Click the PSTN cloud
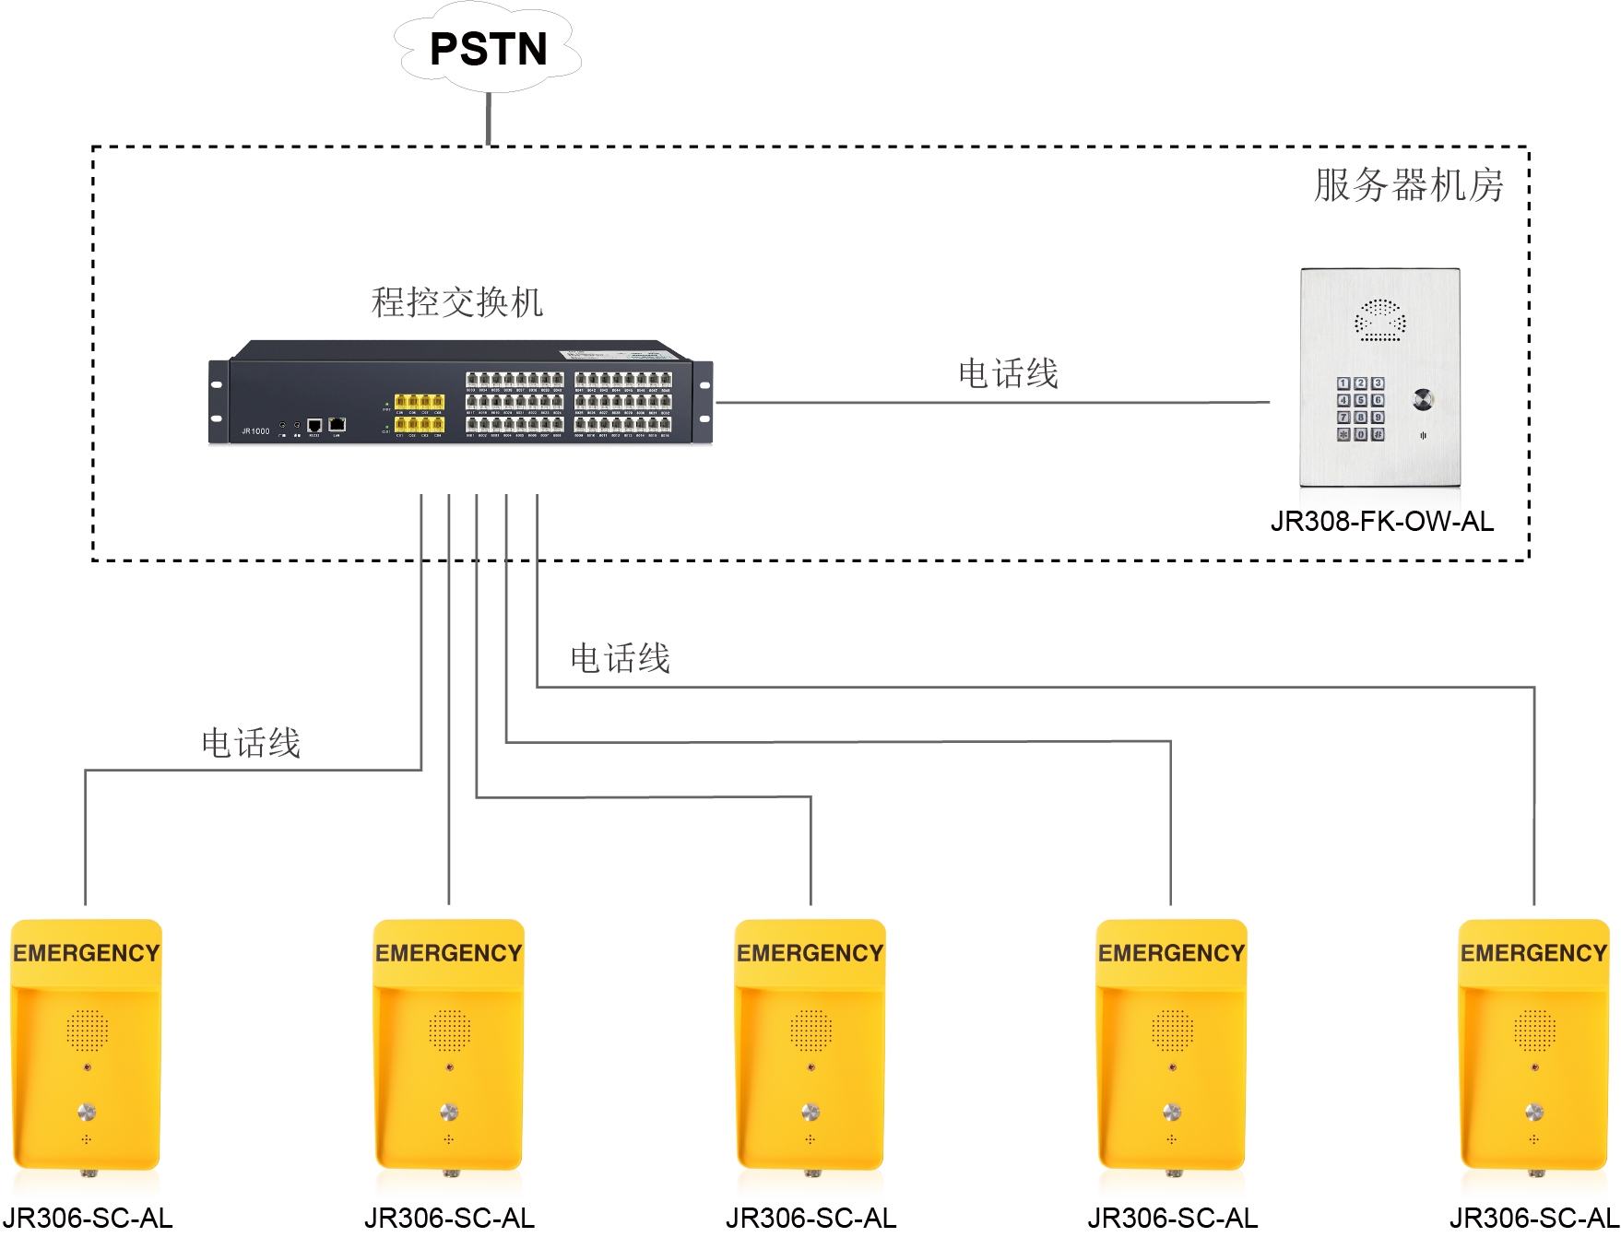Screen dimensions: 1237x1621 [x=488, y=49]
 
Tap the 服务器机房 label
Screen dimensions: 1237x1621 [x=1408, y=185]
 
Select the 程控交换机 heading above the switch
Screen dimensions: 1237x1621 [x=456, y=302]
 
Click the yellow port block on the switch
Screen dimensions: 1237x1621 [x=420, y=412]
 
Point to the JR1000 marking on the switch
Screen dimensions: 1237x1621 [x=255, y=431]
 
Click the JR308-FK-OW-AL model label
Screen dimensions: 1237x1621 [x=1381, y=522]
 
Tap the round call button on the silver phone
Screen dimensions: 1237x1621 [x=1423, y=399]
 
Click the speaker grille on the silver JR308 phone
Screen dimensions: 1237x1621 [x=1380, y=320]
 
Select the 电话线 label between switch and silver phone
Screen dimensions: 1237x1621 [x=1008, y=374]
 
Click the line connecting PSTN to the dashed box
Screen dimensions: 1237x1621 [x=489, y=119]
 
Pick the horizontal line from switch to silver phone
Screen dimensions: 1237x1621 [x=992, y=403]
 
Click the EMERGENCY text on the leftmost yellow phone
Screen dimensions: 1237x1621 [x=87, y=953]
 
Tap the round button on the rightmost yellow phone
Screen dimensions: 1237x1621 [x=1534, y=1112]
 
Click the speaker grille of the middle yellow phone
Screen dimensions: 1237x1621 [x=810, y=1031]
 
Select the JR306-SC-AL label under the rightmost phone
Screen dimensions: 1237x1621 [x=1533, y=1219]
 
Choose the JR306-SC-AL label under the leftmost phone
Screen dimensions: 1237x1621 [x=87, y=1219]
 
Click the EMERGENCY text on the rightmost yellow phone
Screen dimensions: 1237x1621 [x=1534, y=953]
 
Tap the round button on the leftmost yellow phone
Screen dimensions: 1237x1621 [x=87, y=1112]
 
